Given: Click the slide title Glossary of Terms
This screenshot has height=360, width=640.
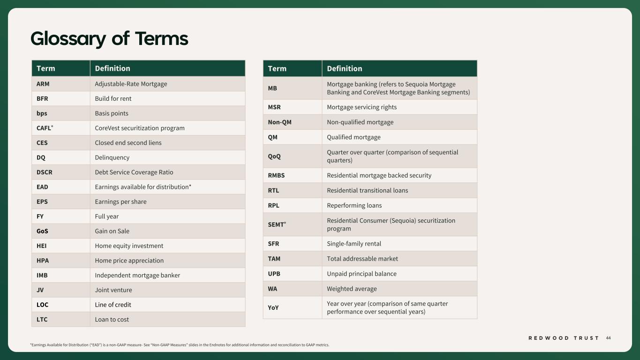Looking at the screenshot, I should point(109,38).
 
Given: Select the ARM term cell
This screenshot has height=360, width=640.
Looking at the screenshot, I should point(43,84).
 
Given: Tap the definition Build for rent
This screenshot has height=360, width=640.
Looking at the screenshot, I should point(113,98).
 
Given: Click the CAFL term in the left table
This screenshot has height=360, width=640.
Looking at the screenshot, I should point(44,128).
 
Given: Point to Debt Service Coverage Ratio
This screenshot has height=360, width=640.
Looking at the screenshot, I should point(134,172).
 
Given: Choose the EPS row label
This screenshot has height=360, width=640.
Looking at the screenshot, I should point(42,202).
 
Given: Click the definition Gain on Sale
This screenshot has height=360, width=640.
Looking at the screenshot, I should point(112,231).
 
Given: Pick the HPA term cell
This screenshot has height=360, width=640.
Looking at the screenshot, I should point(43,261).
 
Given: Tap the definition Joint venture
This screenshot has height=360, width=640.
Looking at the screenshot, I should point(113,290).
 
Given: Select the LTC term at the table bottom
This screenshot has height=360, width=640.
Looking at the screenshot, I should point(42,320).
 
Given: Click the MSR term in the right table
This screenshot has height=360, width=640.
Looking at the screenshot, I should point(274,107).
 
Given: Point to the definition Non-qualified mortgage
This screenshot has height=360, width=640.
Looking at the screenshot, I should point(360,122).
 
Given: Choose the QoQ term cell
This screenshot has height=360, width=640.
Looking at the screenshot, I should point(274,157).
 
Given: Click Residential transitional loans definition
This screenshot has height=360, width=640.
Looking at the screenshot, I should point(367,190).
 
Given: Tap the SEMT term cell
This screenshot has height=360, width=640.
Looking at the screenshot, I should point(276,225).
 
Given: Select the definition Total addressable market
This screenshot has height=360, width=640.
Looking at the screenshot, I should point(362,259).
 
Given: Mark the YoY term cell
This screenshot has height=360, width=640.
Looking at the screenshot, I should point(273,307).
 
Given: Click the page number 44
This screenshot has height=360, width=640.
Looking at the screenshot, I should point(608,338).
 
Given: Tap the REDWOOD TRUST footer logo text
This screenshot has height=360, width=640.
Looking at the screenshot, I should point(564,338).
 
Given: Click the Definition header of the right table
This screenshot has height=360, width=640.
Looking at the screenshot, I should point(345,68).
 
